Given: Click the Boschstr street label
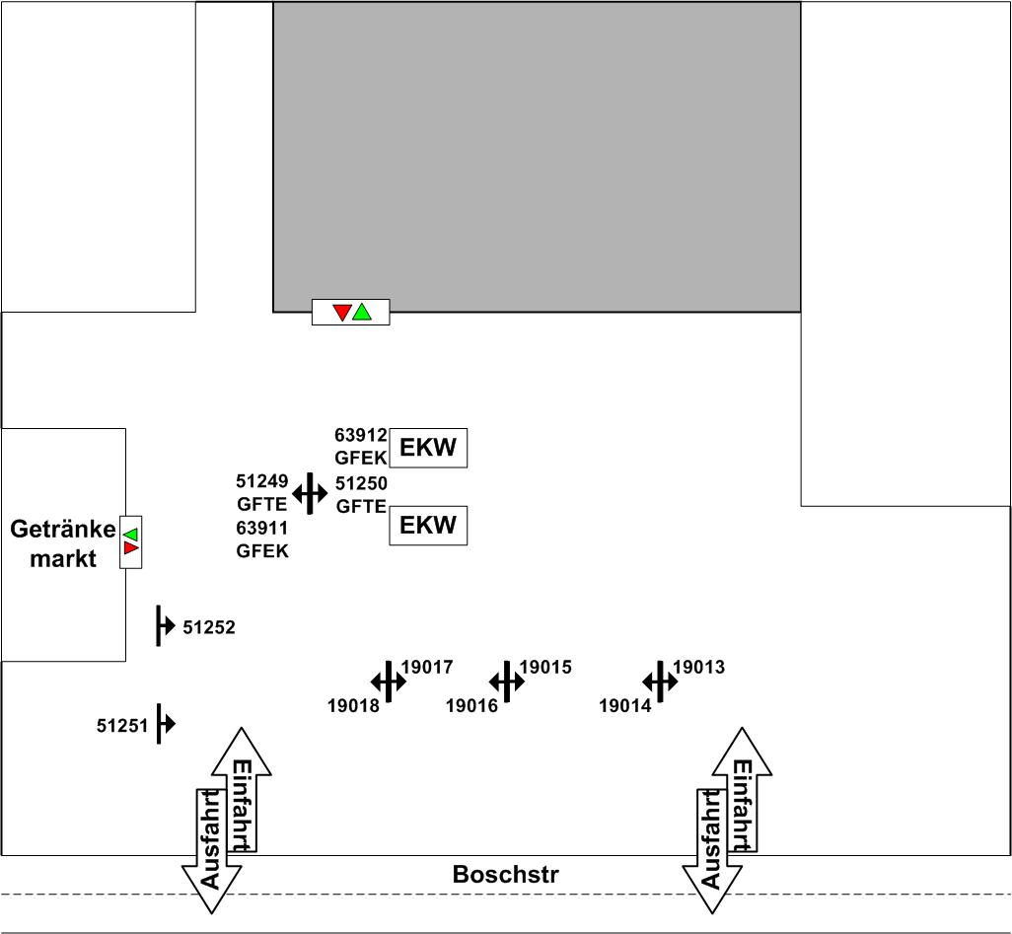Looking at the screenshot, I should pos(505,875).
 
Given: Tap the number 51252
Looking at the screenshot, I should pos(209,627).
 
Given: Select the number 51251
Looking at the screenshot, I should pos(122,726).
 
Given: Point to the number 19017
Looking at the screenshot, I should pos(427,668).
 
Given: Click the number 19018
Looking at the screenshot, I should pos(353,705).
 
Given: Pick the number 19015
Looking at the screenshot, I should pos(545,668).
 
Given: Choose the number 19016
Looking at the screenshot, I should pos(471,705).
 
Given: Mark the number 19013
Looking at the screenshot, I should pos(698,668).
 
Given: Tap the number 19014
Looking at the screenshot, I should pos(625,705).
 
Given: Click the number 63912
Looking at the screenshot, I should pos(361,435).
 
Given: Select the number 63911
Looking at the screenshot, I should pos(262,529).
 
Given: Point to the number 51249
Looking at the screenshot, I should pos(262,481).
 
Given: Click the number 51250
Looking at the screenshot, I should pos(361,483).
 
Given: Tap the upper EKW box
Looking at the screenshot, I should pos(427,448).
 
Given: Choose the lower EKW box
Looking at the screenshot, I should pos(427,526).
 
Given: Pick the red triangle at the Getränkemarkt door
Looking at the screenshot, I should pos(130,548).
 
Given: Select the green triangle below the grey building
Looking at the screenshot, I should pos(362,312).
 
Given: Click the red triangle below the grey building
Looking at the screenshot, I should pos(342,313).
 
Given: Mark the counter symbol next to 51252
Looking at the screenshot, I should pos(163,626).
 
